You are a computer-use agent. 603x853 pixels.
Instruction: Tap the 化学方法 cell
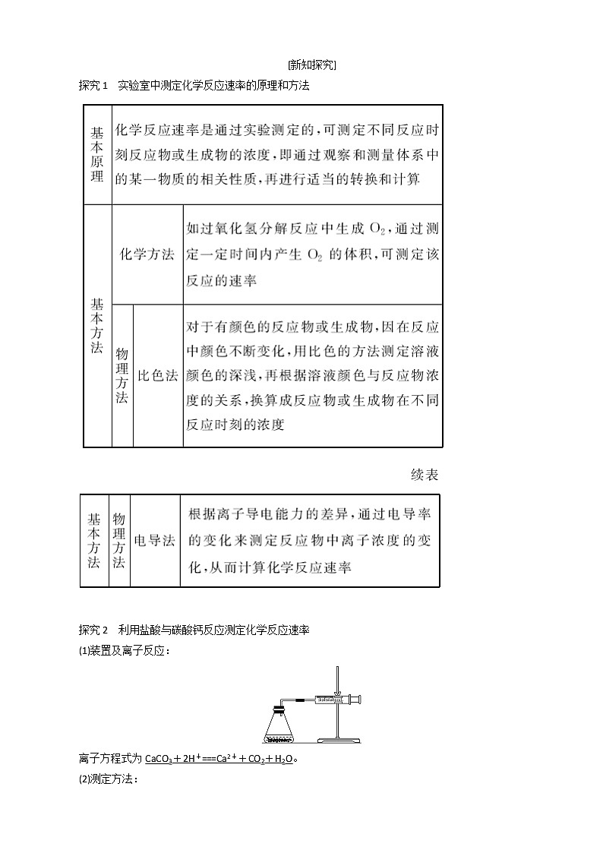(x=147, y=255)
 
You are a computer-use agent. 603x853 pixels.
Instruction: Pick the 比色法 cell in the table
(x=157, y=376)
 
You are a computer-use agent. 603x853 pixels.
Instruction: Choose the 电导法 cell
(x=154, y=540)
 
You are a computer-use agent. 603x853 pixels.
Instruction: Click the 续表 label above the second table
(x=424, y=475)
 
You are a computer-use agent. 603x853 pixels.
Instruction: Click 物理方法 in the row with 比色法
(x=122, y=376)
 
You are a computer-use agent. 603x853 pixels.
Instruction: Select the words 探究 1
(x=94, y=86)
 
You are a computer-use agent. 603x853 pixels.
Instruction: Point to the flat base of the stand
(x=338, y=739)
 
